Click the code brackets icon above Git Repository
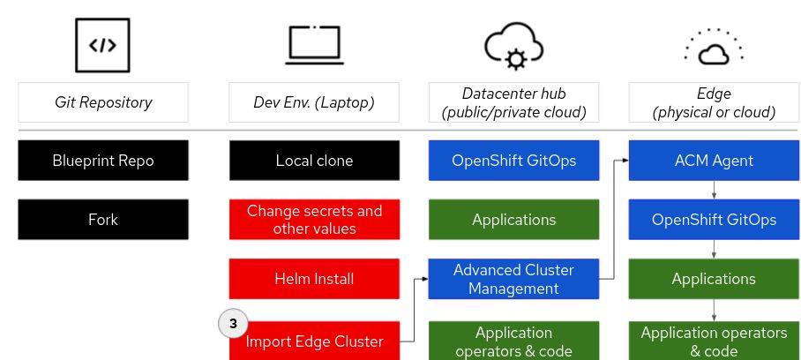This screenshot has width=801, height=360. [103, 43]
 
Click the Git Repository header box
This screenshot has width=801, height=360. [103, 102]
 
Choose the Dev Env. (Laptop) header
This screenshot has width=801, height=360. [314, 102]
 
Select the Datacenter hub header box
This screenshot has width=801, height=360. [513, 102]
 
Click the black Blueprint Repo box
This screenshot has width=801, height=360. [103, 161]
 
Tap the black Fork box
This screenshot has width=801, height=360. [103, 220]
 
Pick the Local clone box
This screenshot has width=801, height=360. [314, 161]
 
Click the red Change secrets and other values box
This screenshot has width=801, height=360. [314, 220]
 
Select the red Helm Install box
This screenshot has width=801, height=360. [314, 279]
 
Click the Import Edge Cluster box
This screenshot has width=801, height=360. [314, 341]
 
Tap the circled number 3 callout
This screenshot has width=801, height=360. [233, 324]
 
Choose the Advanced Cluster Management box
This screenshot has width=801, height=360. [513, 279]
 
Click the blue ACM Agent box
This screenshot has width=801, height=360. [714, 161]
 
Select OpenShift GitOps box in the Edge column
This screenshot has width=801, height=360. [714, 220]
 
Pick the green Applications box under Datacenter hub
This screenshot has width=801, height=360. [513, 220]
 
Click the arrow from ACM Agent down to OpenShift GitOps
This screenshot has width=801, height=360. [714, 190]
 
